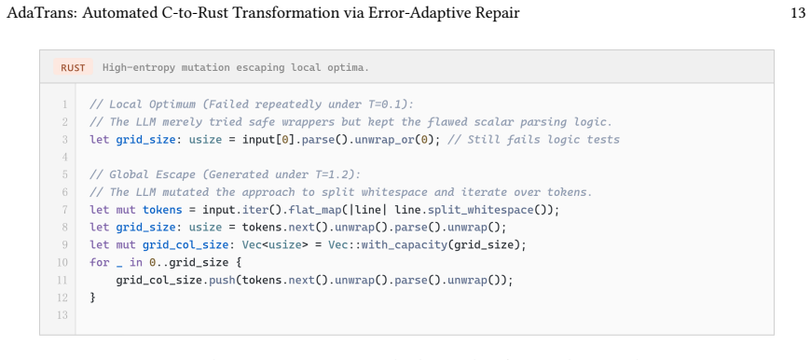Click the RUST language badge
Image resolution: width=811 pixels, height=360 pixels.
[x=73, y=67]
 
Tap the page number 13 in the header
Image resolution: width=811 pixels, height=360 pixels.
[x=798, y=13]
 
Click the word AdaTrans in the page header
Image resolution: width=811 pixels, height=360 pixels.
[x=40, y=13]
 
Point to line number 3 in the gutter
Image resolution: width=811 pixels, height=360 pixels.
[x=64, y=140]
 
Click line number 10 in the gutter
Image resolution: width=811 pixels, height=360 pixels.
[x=62, y=263]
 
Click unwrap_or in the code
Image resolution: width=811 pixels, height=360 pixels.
[x=384, y=140]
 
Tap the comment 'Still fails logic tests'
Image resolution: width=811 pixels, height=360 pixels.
[x=543, y=140]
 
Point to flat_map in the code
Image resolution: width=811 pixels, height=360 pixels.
[x=319, y=210]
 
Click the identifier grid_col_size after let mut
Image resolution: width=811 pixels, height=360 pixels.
[x=186, y=245]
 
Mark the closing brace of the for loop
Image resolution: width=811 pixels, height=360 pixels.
[x=93, y=298]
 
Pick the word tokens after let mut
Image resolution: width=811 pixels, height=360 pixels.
[x=162, y=210]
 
